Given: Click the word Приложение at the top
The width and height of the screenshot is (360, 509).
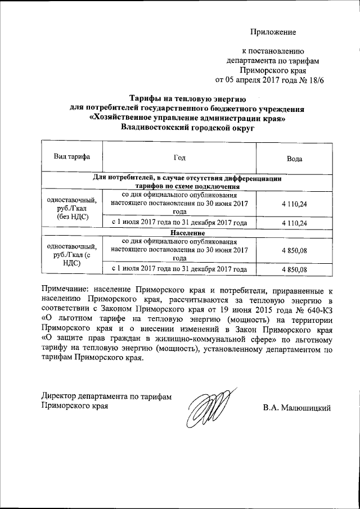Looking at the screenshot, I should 273,32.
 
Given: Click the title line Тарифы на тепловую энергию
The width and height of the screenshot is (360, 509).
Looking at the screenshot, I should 187,98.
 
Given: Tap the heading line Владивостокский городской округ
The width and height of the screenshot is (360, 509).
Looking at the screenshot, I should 187,128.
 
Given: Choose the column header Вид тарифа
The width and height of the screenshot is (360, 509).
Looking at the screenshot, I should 71,157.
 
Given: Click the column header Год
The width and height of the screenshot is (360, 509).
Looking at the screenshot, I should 180,158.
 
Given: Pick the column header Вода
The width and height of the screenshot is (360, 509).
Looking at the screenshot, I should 295,159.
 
